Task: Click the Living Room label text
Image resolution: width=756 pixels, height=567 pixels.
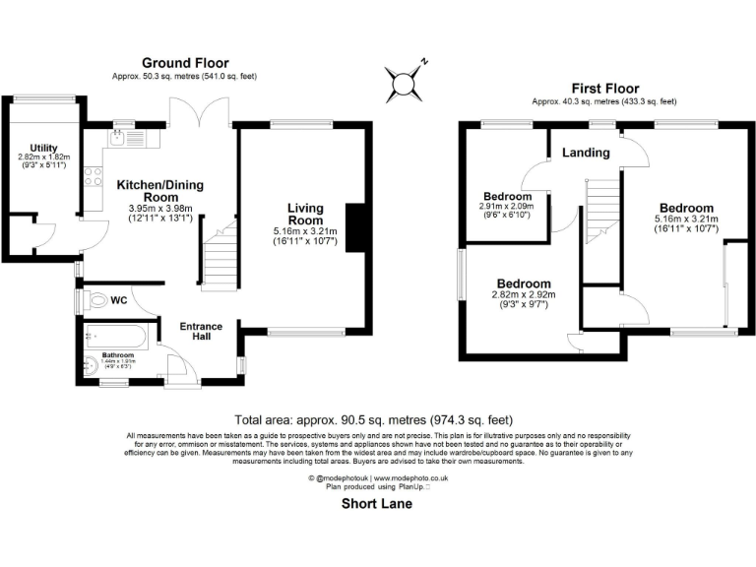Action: tap(305, 215)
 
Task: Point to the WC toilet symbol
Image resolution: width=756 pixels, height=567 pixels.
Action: tap(98, 300)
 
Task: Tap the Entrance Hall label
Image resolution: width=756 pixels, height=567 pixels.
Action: tap(200, 333)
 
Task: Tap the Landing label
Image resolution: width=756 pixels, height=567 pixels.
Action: tap(586, 153)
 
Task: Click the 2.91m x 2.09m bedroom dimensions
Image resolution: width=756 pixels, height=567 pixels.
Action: tap(506, 210)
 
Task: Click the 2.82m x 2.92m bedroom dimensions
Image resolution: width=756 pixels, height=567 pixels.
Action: tap(522, 298)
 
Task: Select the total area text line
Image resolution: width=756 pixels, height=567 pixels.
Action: tap(378, 419)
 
